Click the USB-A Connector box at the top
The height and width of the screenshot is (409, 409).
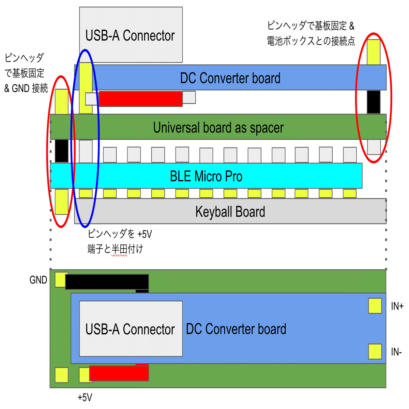tap(131, 35)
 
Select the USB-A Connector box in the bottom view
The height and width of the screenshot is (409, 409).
tap(131, 329)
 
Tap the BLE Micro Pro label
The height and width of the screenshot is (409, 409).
tap(206, 176)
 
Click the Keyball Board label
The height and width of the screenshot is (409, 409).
tap(230, 212)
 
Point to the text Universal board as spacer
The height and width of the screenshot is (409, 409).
tap(218, 127)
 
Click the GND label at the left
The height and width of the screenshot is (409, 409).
tap(38, 280)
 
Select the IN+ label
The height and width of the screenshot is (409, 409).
tap(397, 306)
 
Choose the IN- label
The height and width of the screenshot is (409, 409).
tap(396, 352)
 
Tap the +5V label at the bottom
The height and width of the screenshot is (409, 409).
tap(85, 397)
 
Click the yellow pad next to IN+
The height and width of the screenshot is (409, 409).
tap(375, 306)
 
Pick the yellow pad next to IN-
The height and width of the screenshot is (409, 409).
tap(375, 351)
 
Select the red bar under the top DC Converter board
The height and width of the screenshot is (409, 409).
tap(140, 99)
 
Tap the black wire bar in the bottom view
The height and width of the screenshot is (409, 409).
tap(107, 282)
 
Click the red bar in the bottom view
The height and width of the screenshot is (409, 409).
tap(119, 373)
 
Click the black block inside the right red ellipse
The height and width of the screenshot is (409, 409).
tap(374, 102)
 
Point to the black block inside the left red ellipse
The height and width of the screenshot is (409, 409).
tap(62, 151)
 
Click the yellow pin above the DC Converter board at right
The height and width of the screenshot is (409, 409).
tap(374, 52)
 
